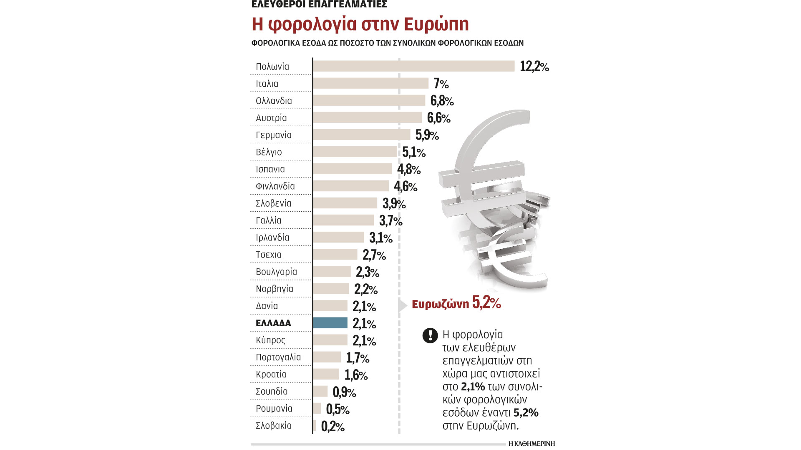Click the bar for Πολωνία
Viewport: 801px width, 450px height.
point(413,66)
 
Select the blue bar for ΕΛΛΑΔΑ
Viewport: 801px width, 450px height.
point(330,323)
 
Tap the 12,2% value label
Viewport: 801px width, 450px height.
point(534,66)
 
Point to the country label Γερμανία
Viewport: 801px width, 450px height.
point(274,135)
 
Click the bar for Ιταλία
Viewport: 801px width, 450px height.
point(370,83)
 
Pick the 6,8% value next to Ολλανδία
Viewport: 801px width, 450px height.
point(442,101)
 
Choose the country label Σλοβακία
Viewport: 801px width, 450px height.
point(274,425)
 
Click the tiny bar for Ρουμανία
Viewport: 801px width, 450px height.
point(317,408)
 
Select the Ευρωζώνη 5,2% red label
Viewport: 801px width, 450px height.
point(456,303)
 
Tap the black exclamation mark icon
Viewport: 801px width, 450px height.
point(430,335)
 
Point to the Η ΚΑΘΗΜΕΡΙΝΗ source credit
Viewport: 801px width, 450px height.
point(531,444)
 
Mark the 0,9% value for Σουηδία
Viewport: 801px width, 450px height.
point(344,392)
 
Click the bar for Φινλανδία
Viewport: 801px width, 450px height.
point(351,186)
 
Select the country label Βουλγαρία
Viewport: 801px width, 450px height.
point(276,272)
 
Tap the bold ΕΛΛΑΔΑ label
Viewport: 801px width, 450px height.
point(273,323)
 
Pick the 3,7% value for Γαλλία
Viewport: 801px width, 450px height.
point(390,221)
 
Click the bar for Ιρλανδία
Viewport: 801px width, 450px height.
point(338,237)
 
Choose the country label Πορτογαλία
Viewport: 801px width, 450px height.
point(278,357)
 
